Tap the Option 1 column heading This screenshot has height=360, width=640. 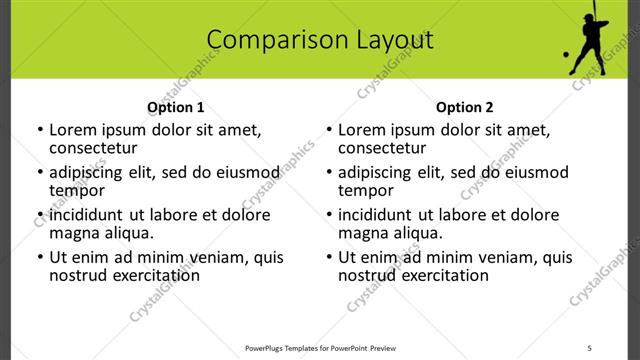(x=175, y=107)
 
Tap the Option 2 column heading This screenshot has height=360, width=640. (x=464, y=107)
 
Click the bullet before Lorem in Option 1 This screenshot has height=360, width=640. (x=39, y=130)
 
